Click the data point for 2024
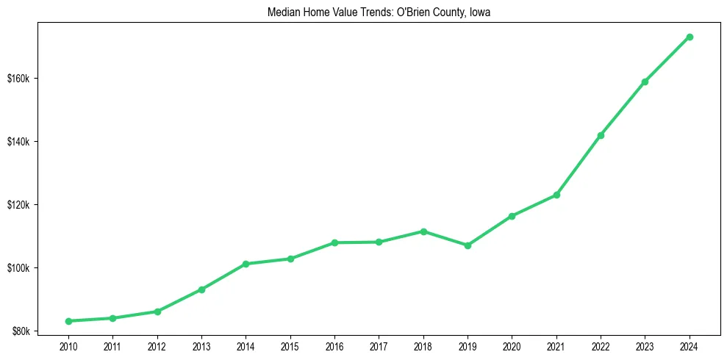point(690,37)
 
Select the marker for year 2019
point(468,245)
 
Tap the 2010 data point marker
point(68,321)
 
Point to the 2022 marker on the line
point(601,135)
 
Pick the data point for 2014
point(246,264)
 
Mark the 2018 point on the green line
point(423,231)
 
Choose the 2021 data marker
point(556,195)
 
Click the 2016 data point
point(334,242)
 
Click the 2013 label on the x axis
point(201,346)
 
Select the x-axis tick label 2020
point(512,346)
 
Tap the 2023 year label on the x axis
point(645,346)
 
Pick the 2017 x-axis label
point(379,346)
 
